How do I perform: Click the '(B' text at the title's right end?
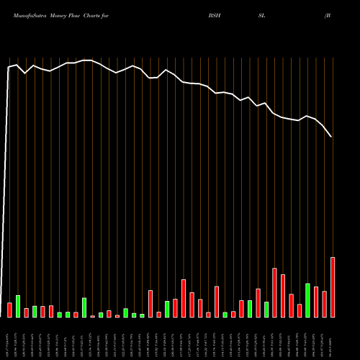[x=328, y=14]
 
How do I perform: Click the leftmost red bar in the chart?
[x=9, y=310]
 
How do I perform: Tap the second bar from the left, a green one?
[x=18, y=306]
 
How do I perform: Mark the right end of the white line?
[x=332, y=137]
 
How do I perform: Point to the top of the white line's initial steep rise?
[x=9, y=68]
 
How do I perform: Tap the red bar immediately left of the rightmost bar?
[x=324, y=304]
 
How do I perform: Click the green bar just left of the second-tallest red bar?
[x=266, y=309]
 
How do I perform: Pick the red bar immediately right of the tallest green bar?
[x=316, y=302]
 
